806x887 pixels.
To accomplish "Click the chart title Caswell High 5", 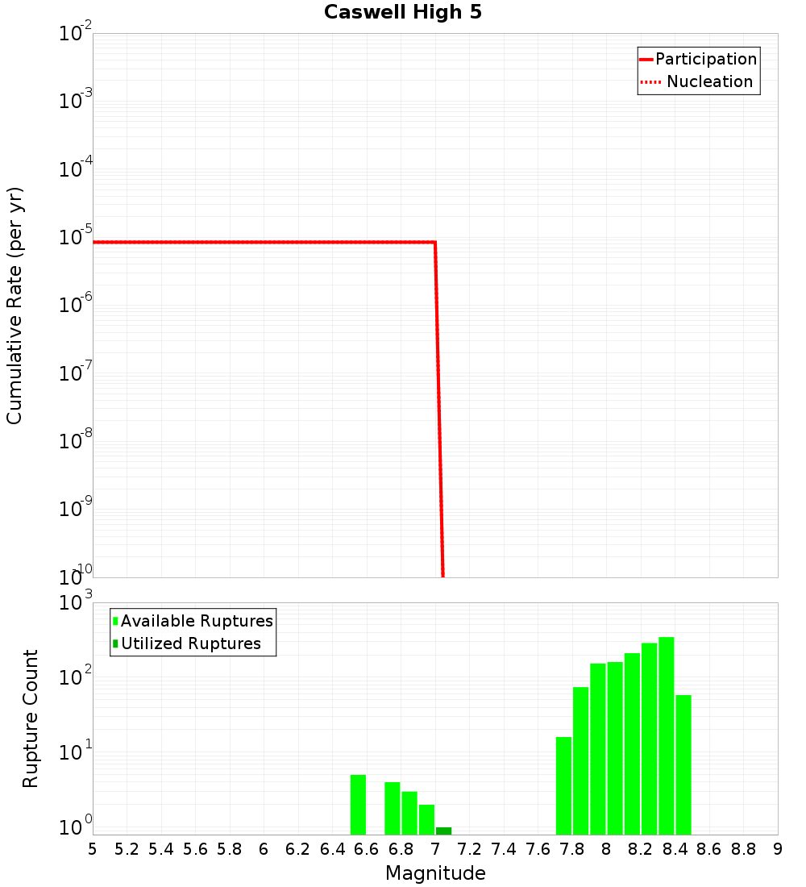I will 403,13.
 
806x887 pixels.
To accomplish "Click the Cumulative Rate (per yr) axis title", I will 15,306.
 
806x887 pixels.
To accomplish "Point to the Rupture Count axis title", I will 31,718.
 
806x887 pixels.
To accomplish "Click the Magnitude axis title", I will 435,873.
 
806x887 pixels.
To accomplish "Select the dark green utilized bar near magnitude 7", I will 443,831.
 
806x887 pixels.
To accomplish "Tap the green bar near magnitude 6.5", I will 358,805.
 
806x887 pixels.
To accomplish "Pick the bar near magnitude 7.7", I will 563,785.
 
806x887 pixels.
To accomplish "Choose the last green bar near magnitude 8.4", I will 683,764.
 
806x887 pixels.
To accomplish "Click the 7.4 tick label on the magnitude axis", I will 504,849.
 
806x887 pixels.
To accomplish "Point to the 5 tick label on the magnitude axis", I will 93,849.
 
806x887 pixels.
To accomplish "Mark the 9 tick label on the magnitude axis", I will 778,849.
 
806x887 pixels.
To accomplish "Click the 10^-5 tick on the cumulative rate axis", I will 76,238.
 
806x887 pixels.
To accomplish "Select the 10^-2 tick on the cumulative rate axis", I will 76,34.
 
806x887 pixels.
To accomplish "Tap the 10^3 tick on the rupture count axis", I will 76,603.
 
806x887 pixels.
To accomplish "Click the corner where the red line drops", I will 435,242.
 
